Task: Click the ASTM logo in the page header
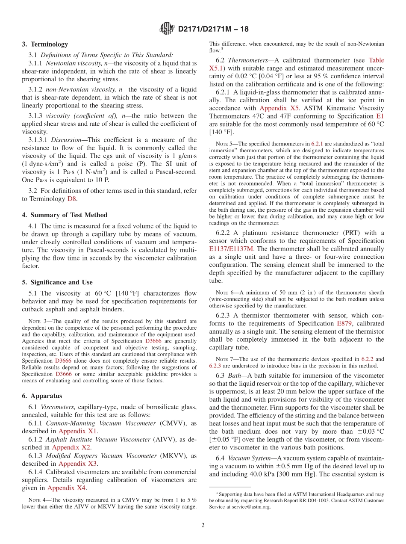[167, 29]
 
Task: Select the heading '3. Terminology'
[45, 44]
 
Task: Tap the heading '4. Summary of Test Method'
[65, 215]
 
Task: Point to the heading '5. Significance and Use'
[57, 282]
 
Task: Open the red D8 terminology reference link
[72, 199]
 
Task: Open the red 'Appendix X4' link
[66, 488]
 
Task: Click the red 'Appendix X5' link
[279, 108]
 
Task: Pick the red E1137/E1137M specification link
[231, 248]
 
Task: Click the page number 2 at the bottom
[203, 526]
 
